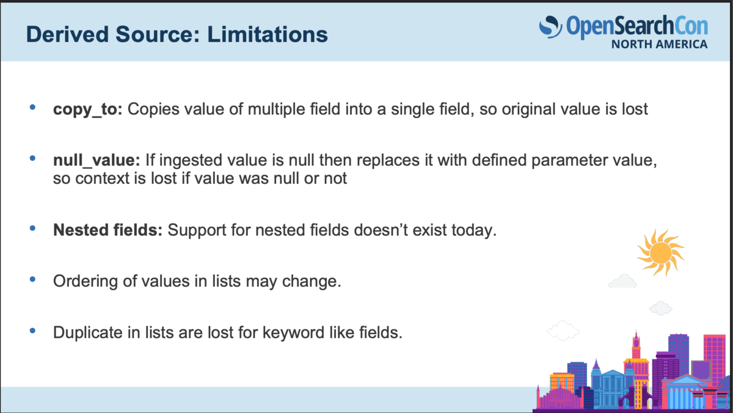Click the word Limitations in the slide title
coord(268,34)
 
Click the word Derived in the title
coord(67,34)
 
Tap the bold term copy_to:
coord(88,109)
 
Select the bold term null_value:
coord(97,160)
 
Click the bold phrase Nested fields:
coord(108,230)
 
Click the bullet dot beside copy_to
coord(32,107)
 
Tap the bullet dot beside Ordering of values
coord(32,279)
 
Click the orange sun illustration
coord(661,253)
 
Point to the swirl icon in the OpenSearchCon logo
coord(550,27)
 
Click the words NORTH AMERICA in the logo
coord(659,44)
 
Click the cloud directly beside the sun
coord(622,282)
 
